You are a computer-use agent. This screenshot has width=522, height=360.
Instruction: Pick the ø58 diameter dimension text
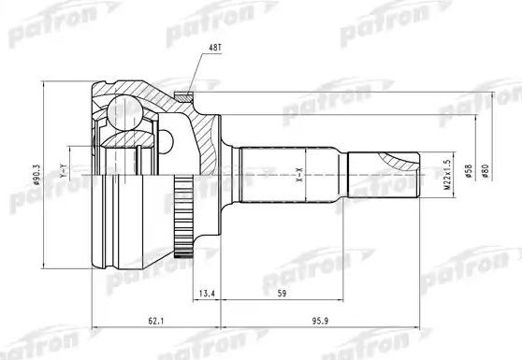[465, 174]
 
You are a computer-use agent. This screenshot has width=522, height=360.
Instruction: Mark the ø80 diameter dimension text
[483, 174]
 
